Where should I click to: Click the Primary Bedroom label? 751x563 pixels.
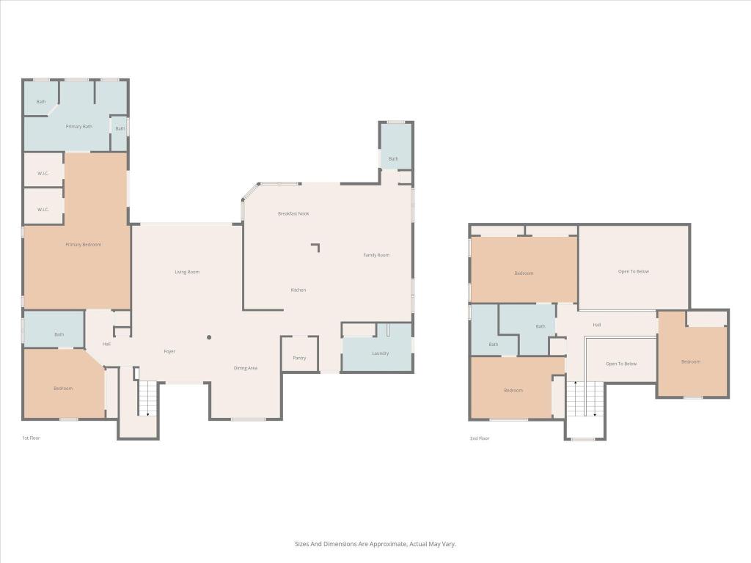coord(83,245)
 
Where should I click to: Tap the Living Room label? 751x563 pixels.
coord(187,272)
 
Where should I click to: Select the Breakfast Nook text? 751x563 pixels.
coord(293,213)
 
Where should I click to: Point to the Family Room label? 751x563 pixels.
coord(376,255)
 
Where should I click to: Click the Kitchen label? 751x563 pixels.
coord(298,290)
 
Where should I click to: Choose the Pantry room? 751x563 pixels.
coord(299,358)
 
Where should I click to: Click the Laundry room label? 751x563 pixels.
coord(380,353)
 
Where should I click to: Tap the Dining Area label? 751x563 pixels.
coord(245,368)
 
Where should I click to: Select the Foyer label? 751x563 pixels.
coord(169,352)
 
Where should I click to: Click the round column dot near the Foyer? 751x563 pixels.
coord(209,337)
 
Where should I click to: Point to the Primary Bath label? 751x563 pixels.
coord(79,127)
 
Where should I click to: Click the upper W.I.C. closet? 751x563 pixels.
coord(42,174)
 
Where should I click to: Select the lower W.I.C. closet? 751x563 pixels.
coord(42,210)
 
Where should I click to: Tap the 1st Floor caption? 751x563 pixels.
coord(30,438)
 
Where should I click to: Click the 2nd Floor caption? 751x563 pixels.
coord(479,438)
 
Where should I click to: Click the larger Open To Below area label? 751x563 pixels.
coord(634,271)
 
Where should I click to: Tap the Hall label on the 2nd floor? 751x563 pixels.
coord(597,325)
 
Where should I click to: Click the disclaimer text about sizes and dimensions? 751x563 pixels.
coord(375,544)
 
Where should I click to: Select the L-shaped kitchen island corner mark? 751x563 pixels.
coord(317,247)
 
